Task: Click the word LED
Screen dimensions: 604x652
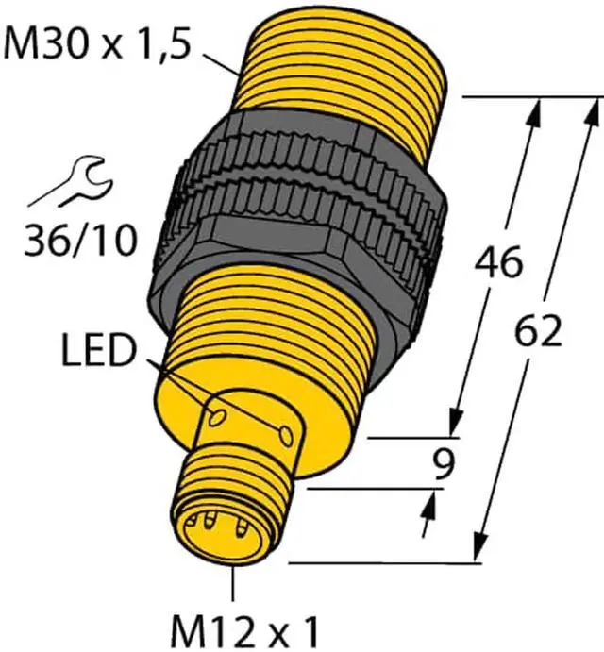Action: click(98, 351)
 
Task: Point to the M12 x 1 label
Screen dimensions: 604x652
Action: click(244, 634)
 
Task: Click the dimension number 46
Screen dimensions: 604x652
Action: click(498, 261)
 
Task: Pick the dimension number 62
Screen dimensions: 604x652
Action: click(538, 330)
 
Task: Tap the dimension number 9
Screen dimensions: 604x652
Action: click(444, 464)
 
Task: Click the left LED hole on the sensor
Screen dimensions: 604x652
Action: click(217, 417)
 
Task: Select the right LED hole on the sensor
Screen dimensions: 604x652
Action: click(285, 435)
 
